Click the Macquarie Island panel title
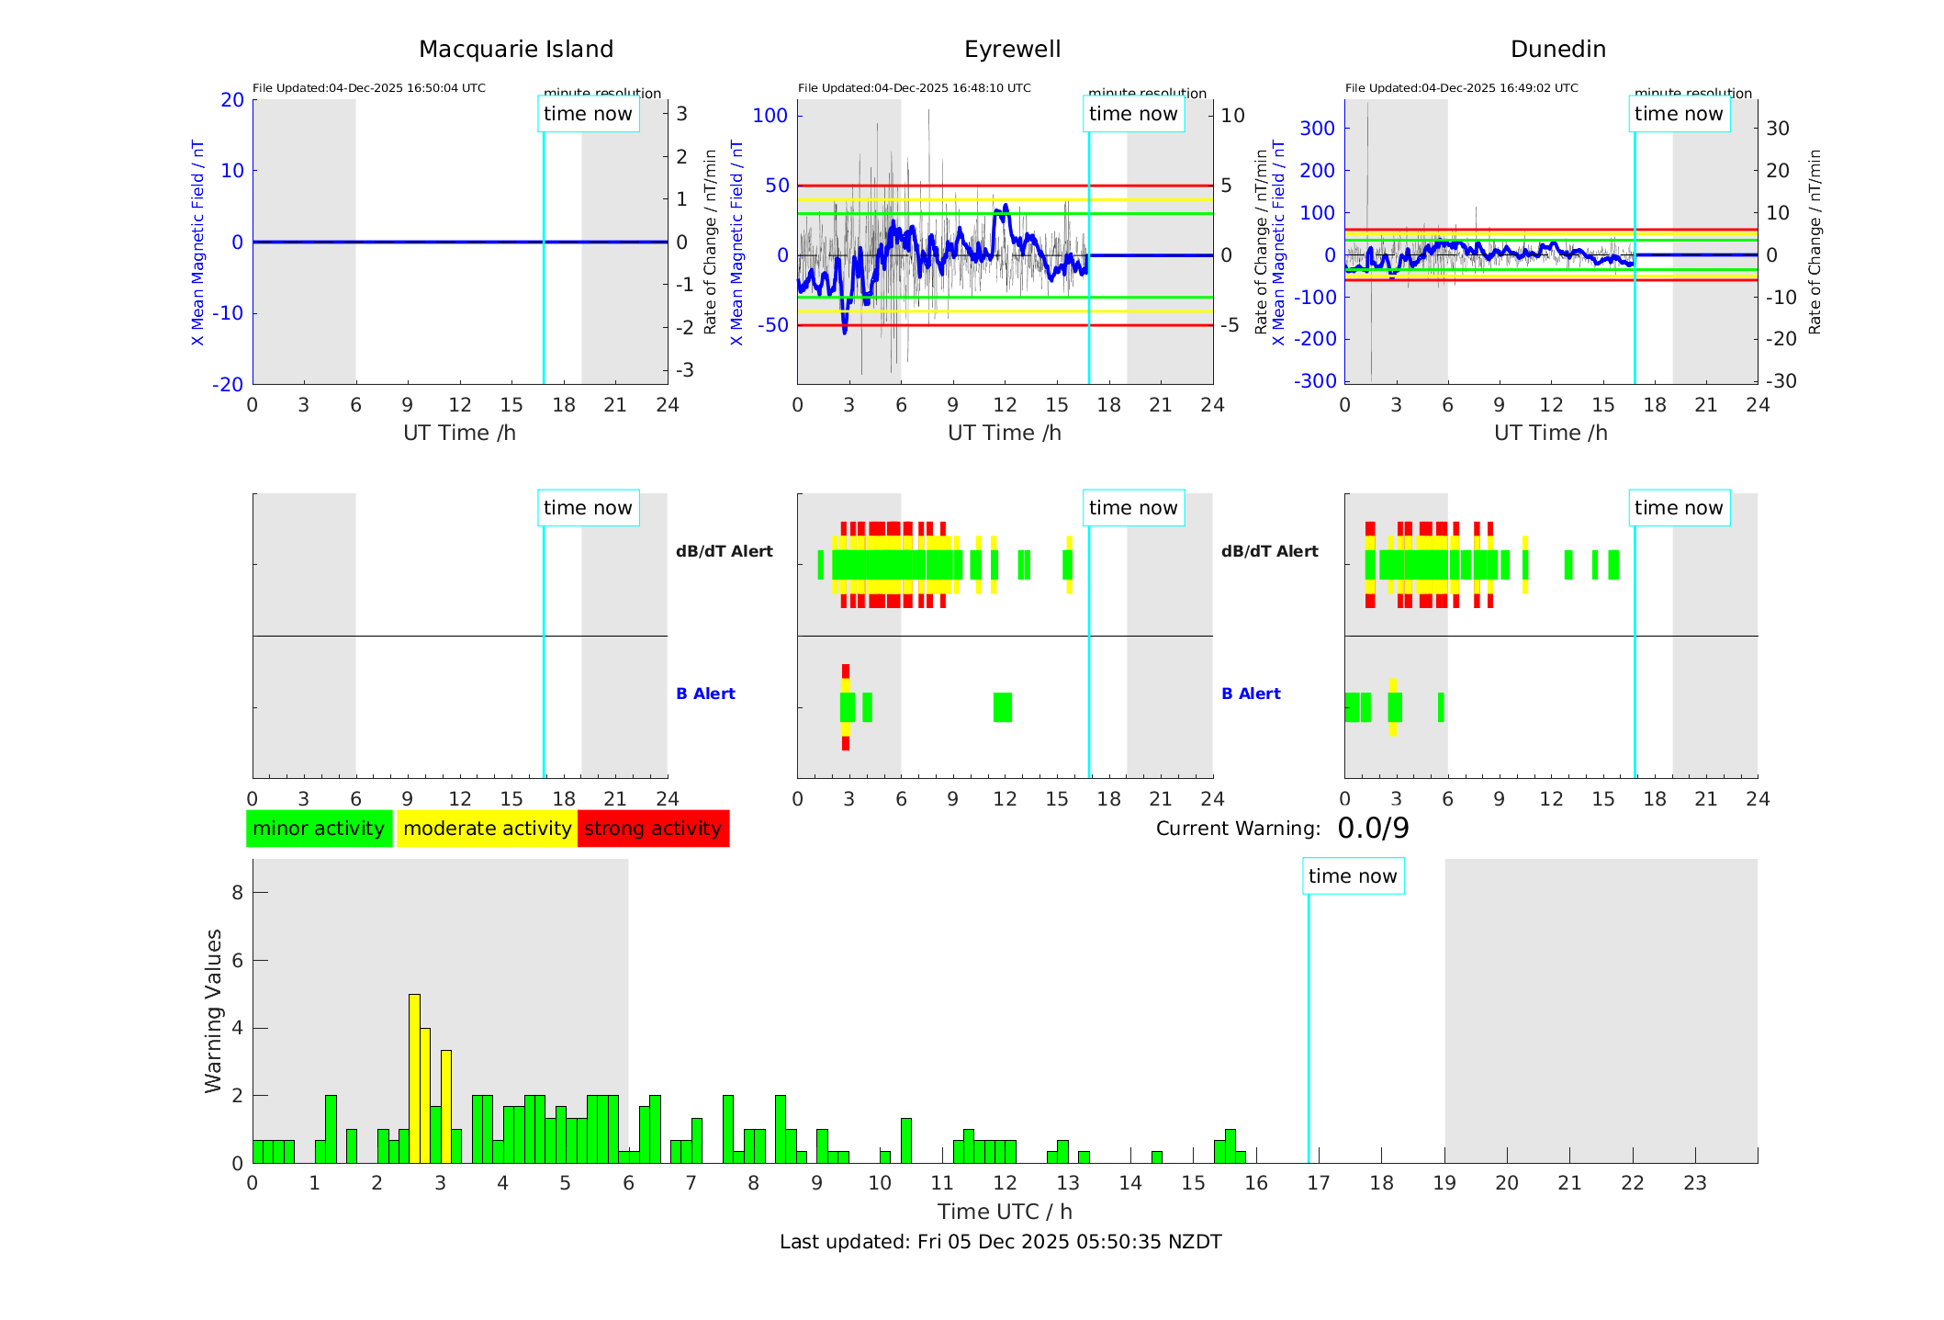point(515,50)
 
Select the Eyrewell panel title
point(1012,50)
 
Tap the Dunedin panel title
point(1557,50)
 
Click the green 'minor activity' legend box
point(319,829)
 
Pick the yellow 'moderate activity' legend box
point(487,829)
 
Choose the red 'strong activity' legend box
point(653,829)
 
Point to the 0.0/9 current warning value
point(1373,829)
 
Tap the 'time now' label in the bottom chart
point(1353,876)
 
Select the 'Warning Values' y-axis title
point(214,1010)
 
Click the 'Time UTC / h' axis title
point(1005,1212)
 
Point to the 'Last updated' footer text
point(1000,1242)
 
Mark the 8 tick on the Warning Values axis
point(237,893)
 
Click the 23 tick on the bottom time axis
point(1694,1183)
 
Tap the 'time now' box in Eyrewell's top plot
point(1133,114)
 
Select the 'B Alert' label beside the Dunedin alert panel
point(1251,694)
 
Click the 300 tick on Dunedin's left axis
point(1317,128)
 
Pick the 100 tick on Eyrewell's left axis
point(770,116)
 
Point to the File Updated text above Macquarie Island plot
point(369,88)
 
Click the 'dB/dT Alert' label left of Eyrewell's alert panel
point(724,551)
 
